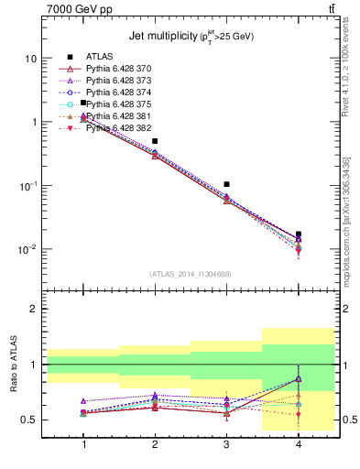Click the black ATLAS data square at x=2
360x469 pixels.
click(155, 141)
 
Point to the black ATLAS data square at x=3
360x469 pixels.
click(226, 184)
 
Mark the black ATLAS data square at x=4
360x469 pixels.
click(298, 234)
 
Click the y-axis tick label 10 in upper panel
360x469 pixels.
click(30, 58)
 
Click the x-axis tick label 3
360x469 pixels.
click(226, 444)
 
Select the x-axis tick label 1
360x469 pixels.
click(83, 444)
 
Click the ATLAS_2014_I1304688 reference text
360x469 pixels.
click(191, 274)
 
